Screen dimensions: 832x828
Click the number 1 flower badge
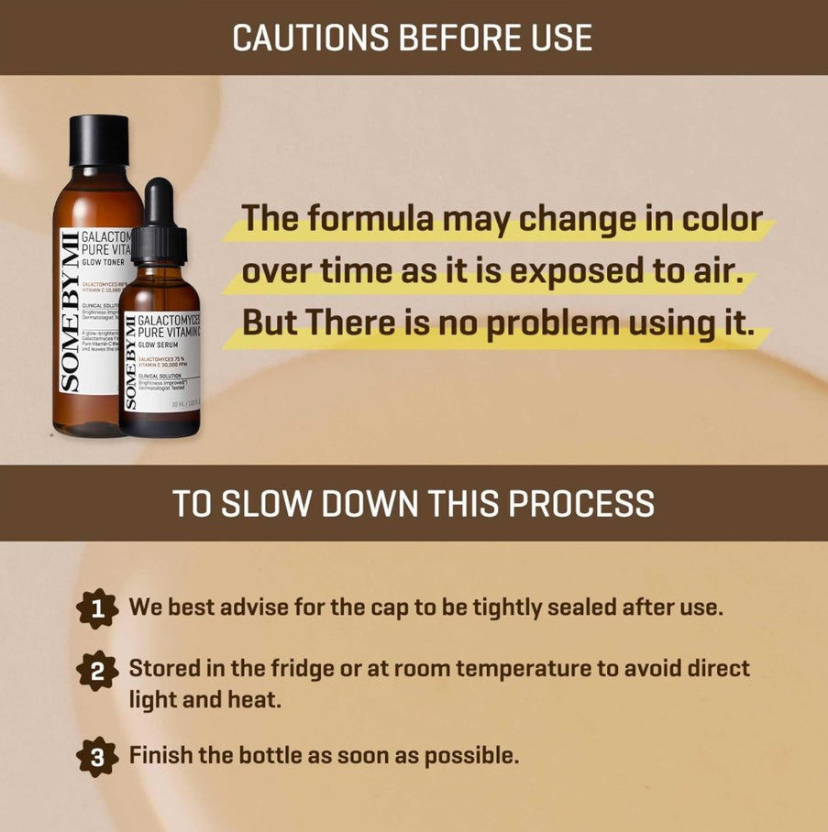[x=97, y=608]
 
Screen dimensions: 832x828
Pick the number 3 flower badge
[x=97, y=757]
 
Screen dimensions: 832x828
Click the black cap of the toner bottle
[x=99, y=140]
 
